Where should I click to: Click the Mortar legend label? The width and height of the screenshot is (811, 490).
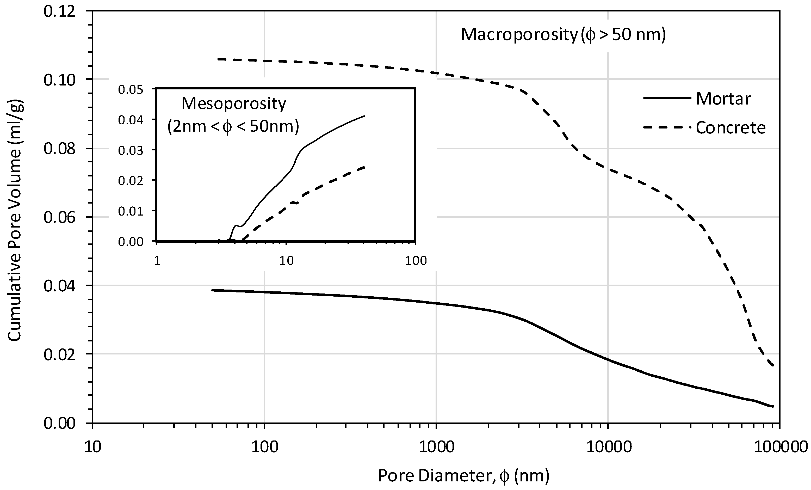pos(723,99)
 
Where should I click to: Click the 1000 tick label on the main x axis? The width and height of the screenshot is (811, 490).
pos(436,447)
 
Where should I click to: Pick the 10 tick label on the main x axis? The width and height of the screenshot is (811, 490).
pos(92,447)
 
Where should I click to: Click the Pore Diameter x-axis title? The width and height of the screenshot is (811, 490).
pos(463,475)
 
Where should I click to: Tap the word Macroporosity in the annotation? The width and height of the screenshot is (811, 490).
pos(519,35)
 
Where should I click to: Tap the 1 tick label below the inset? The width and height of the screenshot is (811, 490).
pos(157,261)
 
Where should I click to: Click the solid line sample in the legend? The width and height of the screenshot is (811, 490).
pos(666,98)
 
